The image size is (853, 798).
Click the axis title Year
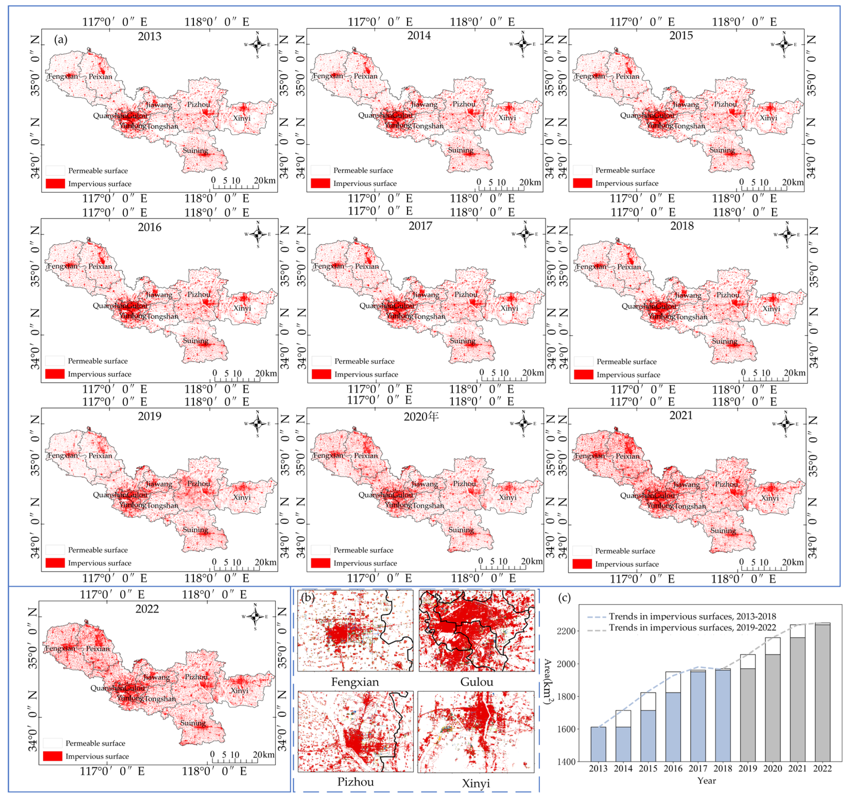pyautogui.click(x=706, y=780)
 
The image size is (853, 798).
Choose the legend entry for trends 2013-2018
pyautogui.click(x=692, y=616)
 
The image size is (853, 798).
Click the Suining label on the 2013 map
pyautogui.click(x=195, y=151)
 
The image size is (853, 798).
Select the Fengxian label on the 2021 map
pyautogui.click(x=590, y=456)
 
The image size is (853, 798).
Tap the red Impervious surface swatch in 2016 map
pyautogui.click(x=55, y=374)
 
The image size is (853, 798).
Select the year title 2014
pyautogui.click(x=419, y=36)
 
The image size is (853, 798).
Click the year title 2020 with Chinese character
pyautogui.click(x=421, y=416)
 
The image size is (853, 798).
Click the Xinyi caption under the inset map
pyautogui.click(x=475, y=783)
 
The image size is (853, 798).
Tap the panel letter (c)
pyautogui.click(x=564, y=598)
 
